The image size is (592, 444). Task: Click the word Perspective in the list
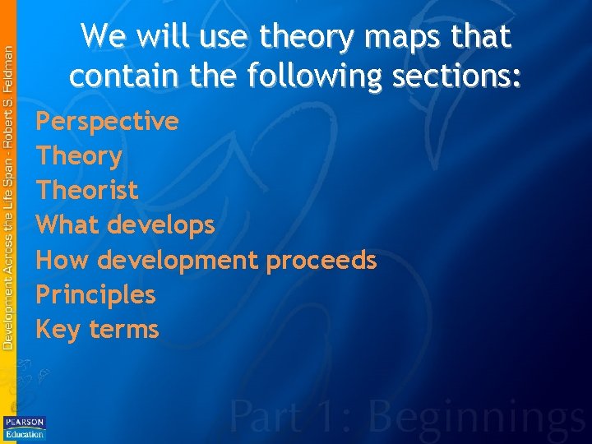107,122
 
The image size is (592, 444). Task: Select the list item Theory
79,156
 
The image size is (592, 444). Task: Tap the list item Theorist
87,191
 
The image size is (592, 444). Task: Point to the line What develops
125,225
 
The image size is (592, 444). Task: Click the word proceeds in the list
321,261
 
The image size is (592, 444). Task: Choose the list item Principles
95,294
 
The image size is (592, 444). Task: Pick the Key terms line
97,330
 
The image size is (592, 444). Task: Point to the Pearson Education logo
25,427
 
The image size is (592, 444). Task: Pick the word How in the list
62,261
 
